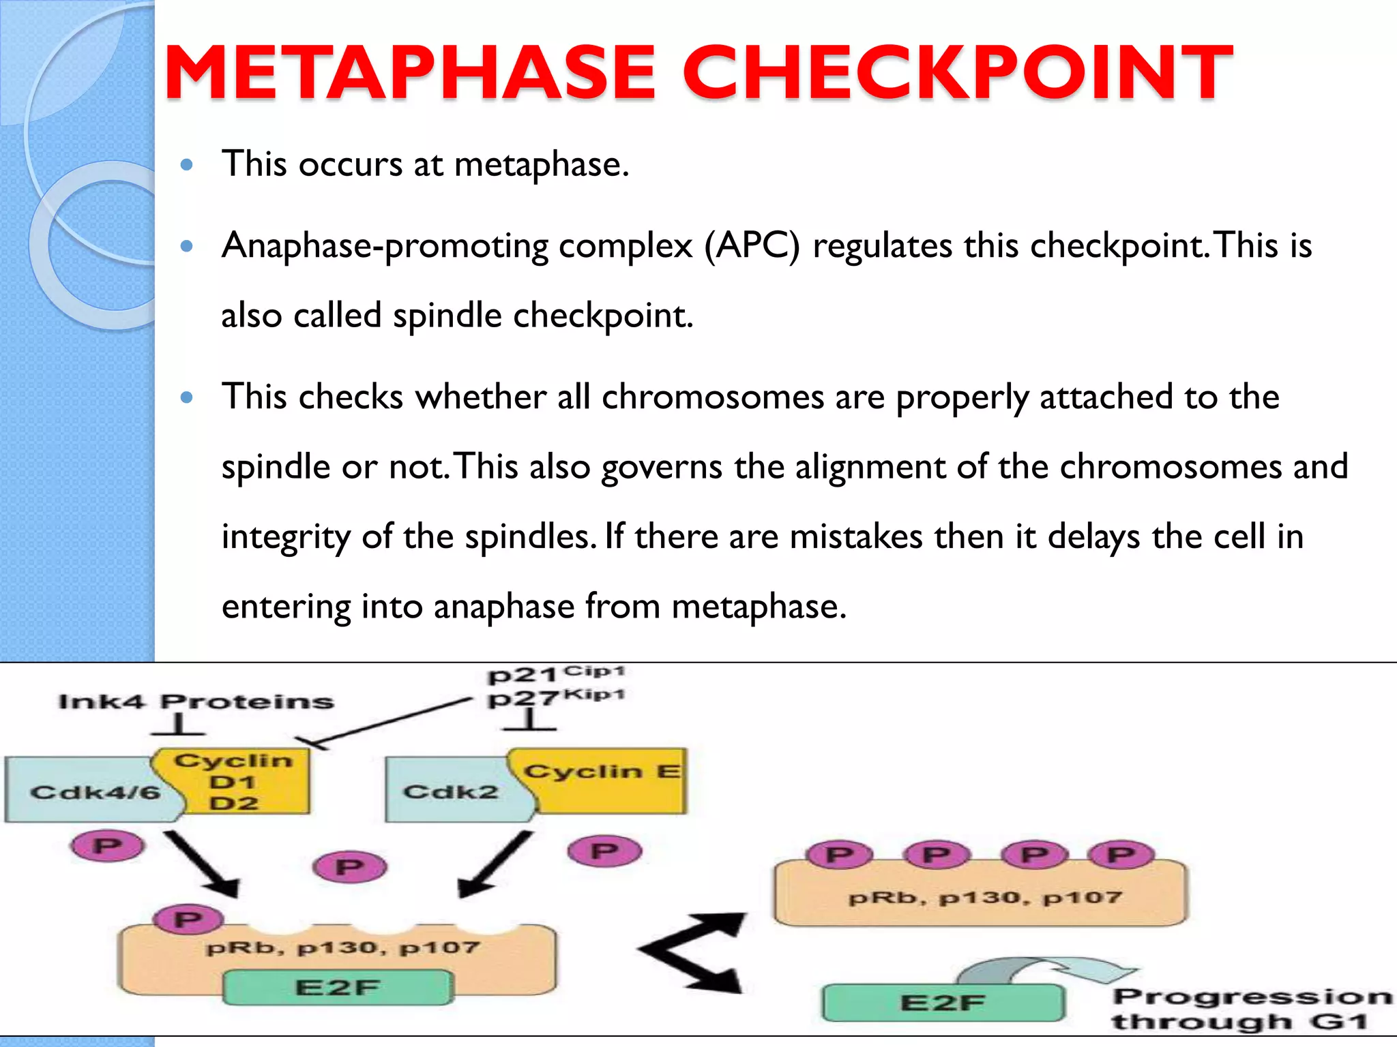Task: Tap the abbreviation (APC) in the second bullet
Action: coord(752,245)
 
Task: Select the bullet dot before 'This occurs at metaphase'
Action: coord(187,164)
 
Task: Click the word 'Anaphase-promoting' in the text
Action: coord(384,245)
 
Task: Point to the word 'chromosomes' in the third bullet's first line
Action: coord(713,397)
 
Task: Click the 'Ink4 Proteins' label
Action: coord(196,701)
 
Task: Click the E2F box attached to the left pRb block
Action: coord(338,988)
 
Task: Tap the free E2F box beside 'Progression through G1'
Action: coord(943,1003)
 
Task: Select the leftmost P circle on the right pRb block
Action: coord(840,855)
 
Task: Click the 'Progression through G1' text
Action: coord(1248,1009)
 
